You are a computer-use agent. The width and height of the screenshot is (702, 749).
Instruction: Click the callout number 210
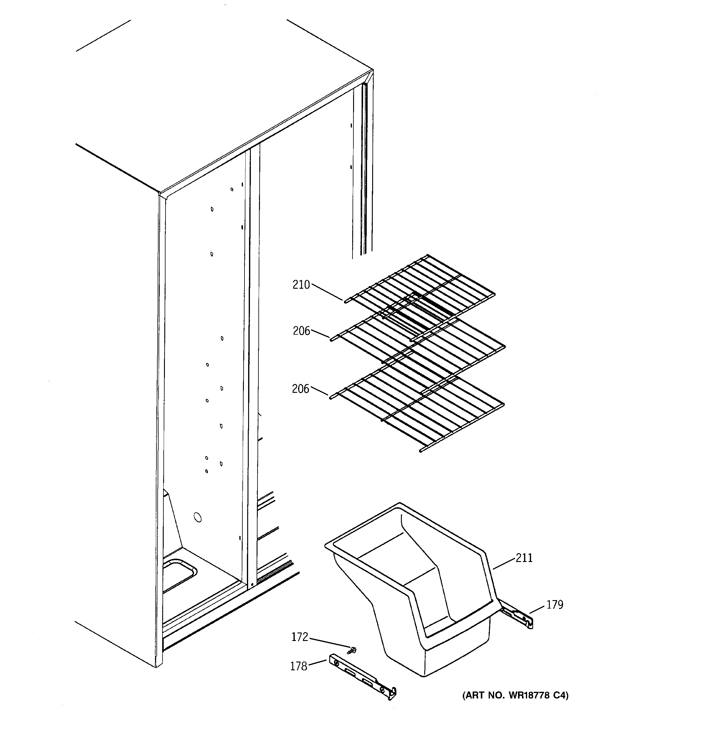click(x=301, y=285)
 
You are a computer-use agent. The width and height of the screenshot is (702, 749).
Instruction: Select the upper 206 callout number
click(x=301, y=331)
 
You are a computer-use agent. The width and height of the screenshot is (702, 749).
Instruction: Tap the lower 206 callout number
click(x=300, y=389)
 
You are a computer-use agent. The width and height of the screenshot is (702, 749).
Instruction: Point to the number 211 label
click(x=524, y=558)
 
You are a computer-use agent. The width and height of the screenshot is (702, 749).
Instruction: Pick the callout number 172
click(x=300, y=637)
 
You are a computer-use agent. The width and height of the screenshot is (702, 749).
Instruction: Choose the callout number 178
click(x=298, y=666)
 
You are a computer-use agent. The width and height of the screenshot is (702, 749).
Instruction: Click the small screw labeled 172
click(x=353, y=649)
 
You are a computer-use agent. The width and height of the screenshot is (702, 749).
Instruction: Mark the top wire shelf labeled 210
click(x=422, y=288)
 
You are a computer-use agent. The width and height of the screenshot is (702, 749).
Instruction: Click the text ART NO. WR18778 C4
click(x=515, y=695)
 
